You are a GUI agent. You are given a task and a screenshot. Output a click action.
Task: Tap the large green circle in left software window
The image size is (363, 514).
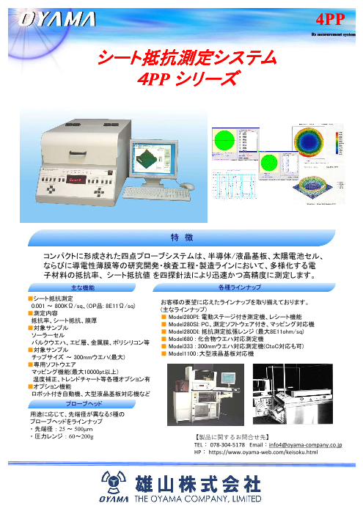click(227, 141)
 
